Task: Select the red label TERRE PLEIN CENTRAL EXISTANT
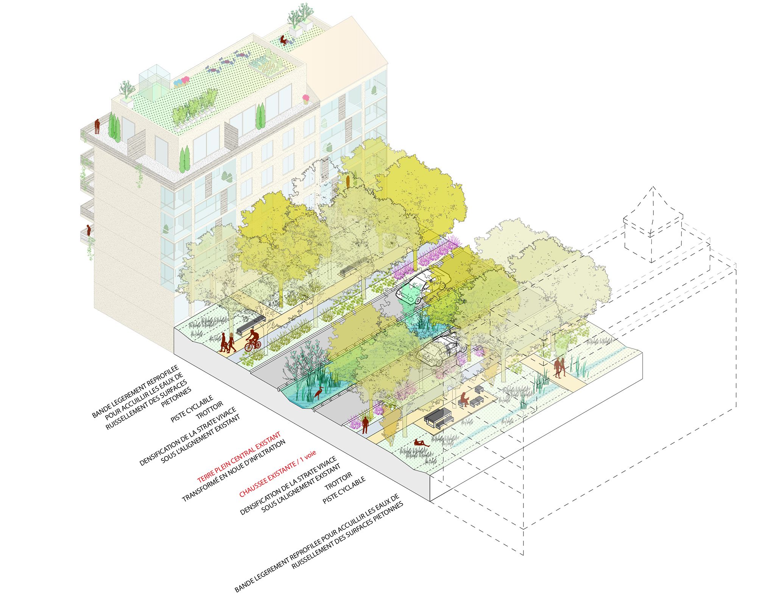239,457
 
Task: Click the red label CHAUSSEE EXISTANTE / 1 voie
277,473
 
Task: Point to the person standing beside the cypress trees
97,126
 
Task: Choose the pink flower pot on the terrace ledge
305,99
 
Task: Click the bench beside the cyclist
250,325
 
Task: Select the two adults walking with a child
227,342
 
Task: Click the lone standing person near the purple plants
365,425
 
